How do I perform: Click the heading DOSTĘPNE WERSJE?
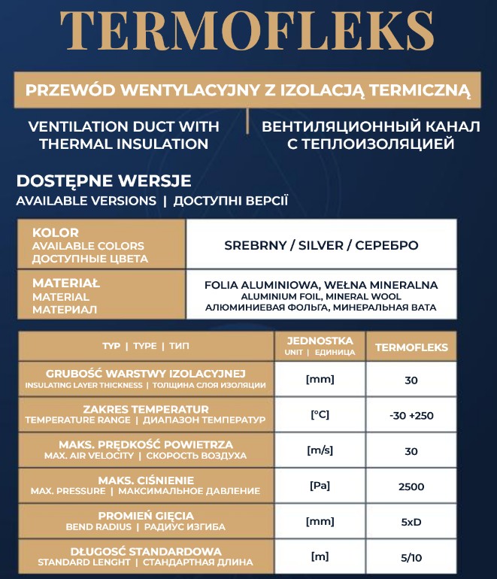[x=104, y=181]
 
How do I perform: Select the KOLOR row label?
[x=55, y=232]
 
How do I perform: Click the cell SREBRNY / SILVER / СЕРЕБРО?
[x=321, y=245]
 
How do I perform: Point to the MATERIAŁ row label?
[x=66, y=283]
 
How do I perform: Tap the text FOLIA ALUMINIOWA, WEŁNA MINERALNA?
[x=321, y=285]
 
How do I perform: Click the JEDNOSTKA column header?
[x=320, y=341]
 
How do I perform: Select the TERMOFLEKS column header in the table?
[x=411, y=347]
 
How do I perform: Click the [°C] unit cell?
[x=320, y=414]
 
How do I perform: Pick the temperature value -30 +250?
[x=411, y=415]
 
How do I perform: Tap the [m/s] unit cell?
[x=320, y=450]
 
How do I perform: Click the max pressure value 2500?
[x=411, y=487]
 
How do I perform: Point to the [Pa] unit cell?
[x=320, y=486]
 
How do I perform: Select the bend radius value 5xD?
[x=411, y=522]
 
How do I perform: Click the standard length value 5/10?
[x=411, y=557]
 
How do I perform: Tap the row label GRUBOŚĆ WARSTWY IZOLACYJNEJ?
[x=145, y=373]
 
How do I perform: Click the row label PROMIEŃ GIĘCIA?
[x=145, y=516]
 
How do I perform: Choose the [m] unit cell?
[x=320, y=556]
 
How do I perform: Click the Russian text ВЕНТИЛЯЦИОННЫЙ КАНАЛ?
[x=371, y=126]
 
